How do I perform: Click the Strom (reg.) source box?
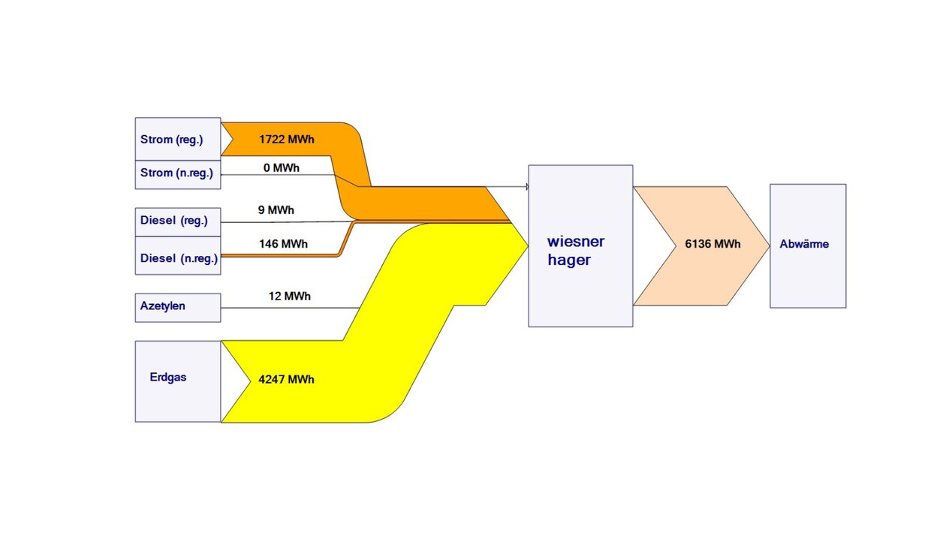(x=178, y=139)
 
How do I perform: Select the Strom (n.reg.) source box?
(x=178, y=174)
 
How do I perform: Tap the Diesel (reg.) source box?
(x=178, y=221)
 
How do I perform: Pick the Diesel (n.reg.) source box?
(x=178, y=257)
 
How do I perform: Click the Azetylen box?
(x=178, y=308)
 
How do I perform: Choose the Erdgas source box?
(x=178, y=381)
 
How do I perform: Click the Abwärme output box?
(x=808, y=245)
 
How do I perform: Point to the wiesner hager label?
(x=576, y=251)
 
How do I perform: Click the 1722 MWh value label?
(x=287, y=140)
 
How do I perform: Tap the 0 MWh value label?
(x=282, y=168)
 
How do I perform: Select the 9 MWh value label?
(x=276, y=210)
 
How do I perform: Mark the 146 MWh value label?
(x=284, y=244)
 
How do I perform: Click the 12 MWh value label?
(x=290, y=297)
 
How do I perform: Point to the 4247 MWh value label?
(x=286, y=380)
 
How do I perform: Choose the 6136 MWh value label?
(x=713, y=245)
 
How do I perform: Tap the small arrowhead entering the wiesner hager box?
(x=523, y=186)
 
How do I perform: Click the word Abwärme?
(x=804, y=245)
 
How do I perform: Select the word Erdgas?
(x=168, y=378)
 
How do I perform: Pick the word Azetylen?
(x=163, y=306)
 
